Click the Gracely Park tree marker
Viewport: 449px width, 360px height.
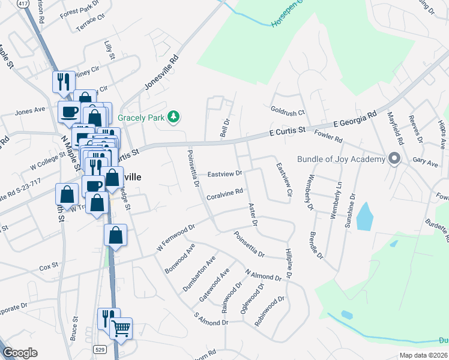[x=174, y=116]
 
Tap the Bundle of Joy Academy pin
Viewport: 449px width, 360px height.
[x=394, y=158]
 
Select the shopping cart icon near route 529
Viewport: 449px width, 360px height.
[x=122, y=328]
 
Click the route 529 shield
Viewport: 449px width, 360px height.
[x=100, y=348]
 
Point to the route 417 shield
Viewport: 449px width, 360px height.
[x=23, y=4]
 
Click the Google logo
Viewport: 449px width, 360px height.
[x=19, y=352]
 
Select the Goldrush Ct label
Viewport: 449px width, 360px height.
[x=288, y=112]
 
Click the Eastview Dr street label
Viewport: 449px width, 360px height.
[x=224, y=174]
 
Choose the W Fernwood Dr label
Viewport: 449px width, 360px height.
[x=176, y=238]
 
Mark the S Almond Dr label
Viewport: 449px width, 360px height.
[x=211, y=319]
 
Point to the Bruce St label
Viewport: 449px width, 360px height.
[x=74, y=329]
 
